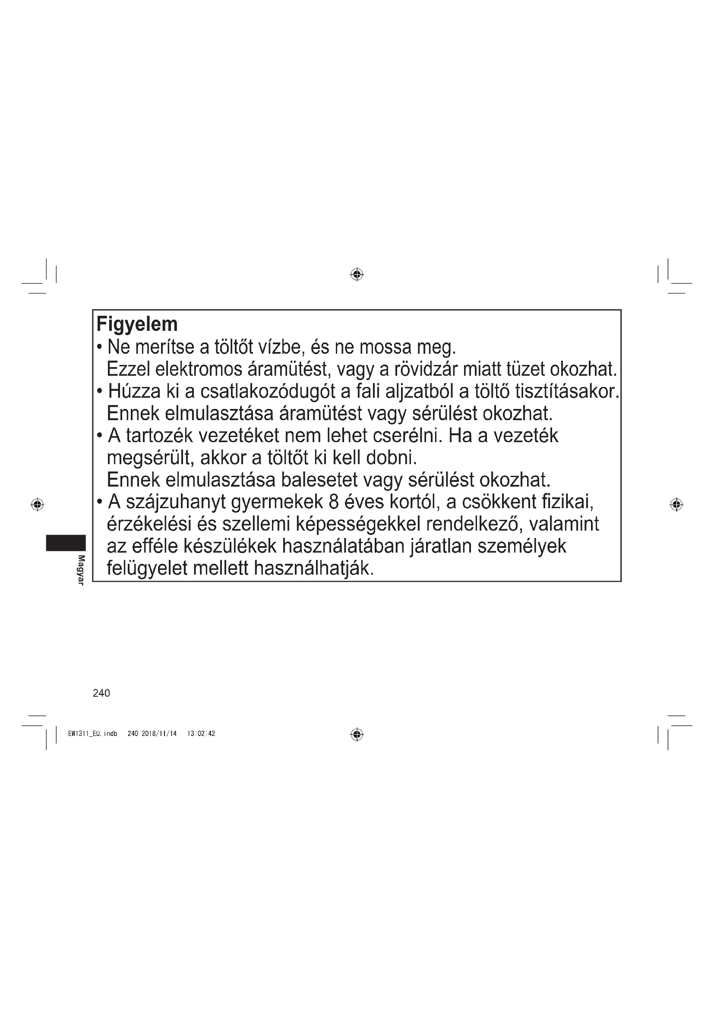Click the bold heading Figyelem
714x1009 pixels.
(137, 325)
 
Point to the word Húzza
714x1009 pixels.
(134, 391)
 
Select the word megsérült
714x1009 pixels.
(150, 458)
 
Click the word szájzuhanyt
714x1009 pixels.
(175, 502)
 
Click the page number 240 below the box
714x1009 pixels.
(101, 694)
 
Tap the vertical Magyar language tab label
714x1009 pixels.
(81, 570)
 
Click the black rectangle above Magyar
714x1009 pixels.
(66, 543)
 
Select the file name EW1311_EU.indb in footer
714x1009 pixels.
(93, 733)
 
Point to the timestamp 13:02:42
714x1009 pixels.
(201, 733)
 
